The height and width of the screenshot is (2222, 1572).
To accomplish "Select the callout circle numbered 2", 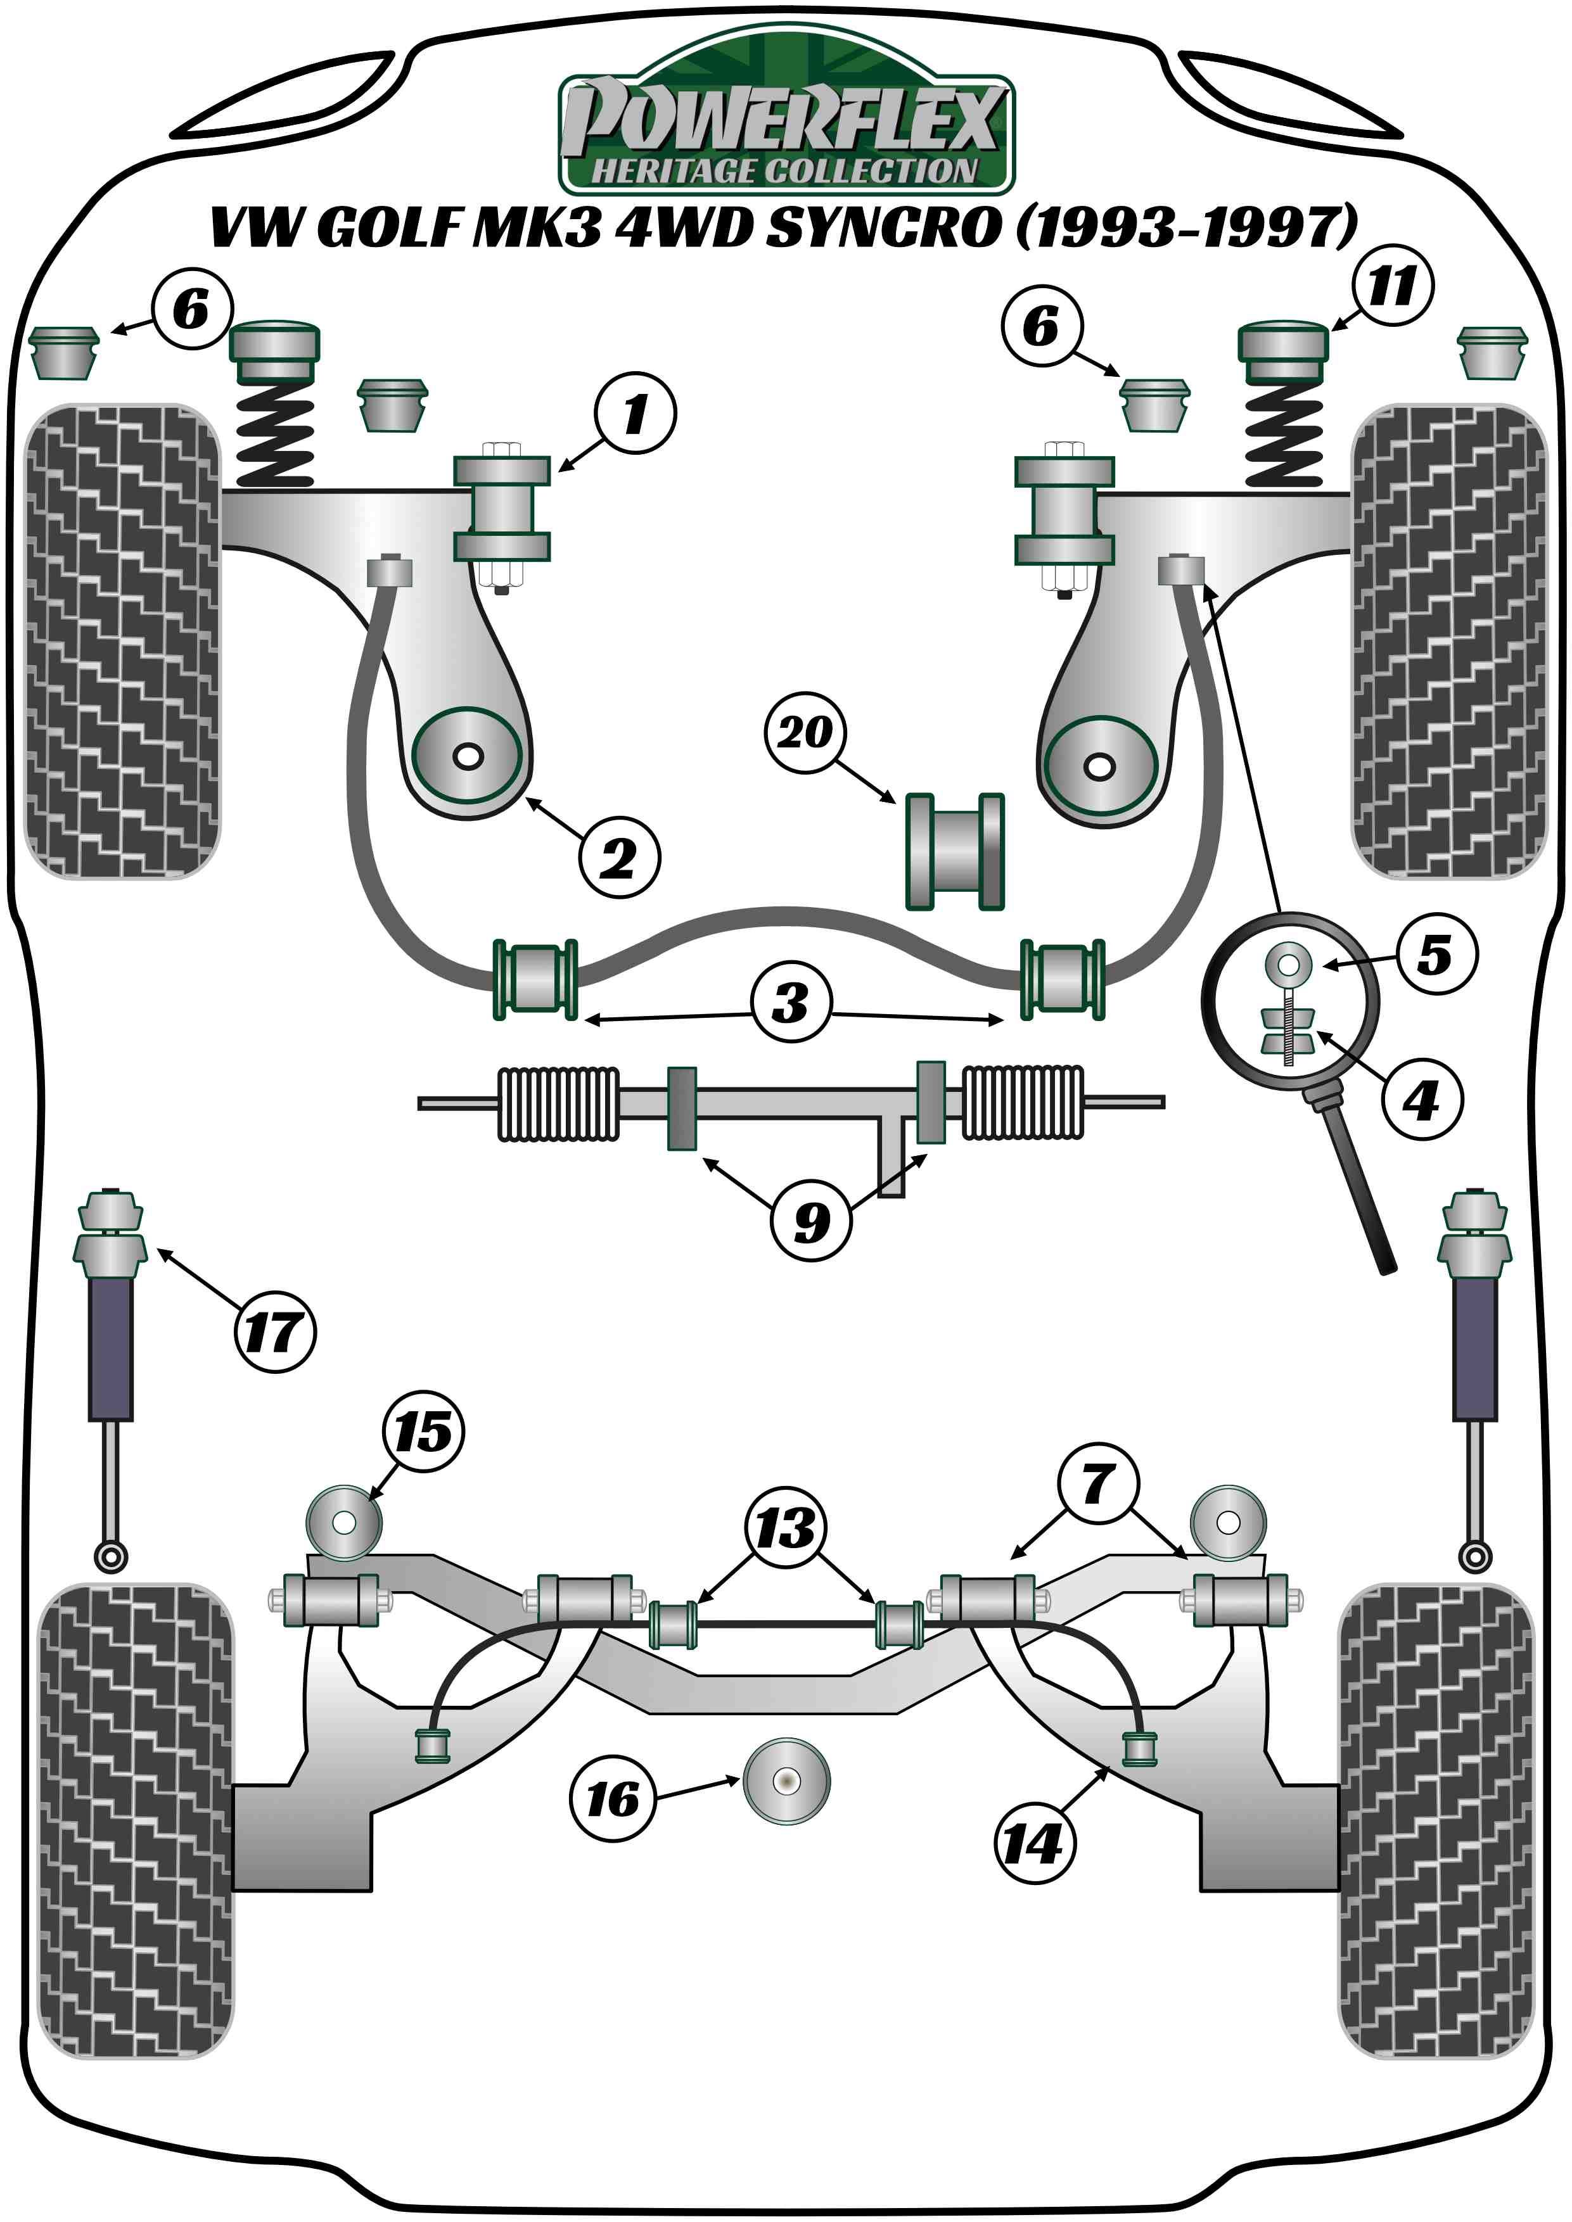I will [620, 858].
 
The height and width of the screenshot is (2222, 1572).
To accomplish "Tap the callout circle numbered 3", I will [791, 1001].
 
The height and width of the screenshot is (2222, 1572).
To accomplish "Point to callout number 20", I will [805, 733].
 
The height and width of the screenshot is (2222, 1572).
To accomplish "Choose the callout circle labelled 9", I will [811, 1221].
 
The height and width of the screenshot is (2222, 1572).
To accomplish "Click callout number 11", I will [1392, 286].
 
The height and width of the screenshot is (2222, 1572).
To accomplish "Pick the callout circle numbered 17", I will [275, 1331].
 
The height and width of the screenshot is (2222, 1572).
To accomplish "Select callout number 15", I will [424, 1432].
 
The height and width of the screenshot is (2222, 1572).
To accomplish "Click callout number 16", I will [612, 1799].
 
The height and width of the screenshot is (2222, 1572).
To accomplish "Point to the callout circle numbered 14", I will [1034, 1844].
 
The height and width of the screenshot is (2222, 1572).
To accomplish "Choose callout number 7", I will [1097, 1483].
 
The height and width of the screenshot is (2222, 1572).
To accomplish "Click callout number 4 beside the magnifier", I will [1421, 1100].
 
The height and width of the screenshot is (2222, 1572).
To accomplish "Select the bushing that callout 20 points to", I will [954, 852].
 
